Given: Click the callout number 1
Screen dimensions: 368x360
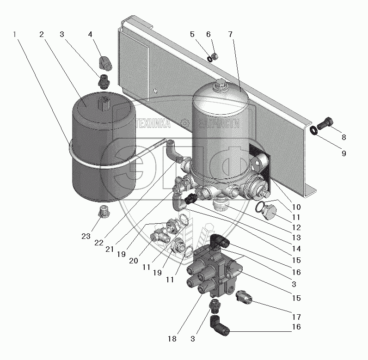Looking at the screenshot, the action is coord(14,35).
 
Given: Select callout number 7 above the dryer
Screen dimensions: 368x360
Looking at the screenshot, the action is coord(231,35).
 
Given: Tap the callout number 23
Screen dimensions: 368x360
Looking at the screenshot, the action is coord(86,236).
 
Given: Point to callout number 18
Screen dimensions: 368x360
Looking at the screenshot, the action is coord(172,339).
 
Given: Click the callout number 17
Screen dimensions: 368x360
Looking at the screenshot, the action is coord(296,317).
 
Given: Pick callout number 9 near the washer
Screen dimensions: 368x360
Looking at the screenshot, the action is coord(344,153).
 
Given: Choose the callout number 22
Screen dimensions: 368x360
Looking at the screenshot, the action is coord(99,243).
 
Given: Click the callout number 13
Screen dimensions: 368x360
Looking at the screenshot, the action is coord(296,238).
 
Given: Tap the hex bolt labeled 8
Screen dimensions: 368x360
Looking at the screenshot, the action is coord(325,122).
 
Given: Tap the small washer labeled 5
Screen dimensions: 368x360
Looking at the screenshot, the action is coord(209,59).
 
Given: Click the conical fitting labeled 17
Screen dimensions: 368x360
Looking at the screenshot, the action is coord(244,296).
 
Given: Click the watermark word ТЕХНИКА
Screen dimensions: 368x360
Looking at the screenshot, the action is coord(153,123).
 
